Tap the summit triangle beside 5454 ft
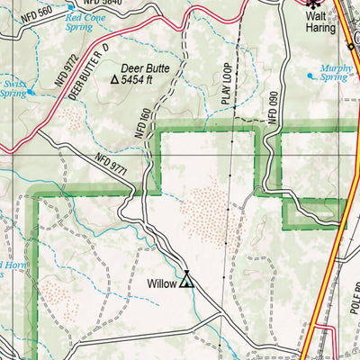pos(114,80)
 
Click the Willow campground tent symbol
pos(187,281)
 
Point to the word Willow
pos(163,283)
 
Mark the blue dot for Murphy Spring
pos(312,76)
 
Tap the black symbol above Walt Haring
pos(311,4)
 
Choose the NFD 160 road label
pos(141,121)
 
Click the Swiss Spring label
pos(13,87)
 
